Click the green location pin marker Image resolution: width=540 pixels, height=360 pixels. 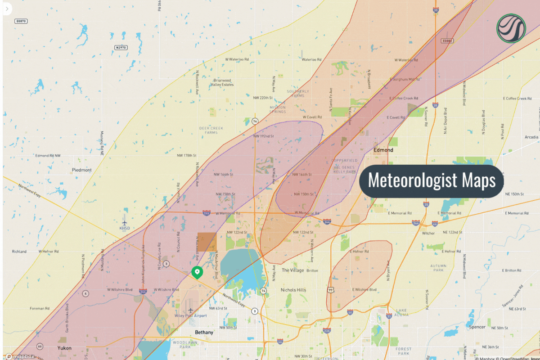(197, 272)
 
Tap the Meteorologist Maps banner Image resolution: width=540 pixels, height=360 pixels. (432, 180)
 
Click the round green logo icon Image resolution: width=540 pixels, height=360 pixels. (511, 27)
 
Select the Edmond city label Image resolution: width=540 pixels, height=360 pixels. (383, 150)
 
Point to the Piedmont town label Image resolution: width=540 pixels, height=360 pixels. (81, 170)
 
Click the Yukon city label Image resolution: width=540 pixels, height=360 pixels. (64, 348)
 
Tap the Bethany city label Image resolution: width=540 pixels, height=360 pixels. (204, 332)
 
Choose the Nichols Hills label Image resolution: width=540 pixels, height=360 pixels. (293, 290)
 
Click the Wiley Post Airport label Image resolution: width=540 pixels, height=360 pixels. (191, 315)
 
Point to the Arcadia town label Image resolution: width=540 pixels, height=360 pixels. (531, 137)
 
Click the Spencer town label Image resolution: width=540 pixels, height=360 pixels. (477, 327)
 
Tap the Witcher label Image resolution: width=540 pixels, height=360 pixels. (428, 233)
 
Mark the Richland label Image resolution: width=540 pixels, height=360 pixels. (19, 252)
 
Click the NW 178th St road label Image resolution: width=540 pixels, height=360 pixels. (187, 156)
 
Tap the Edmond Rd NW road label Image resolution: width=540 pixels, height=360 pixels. (48, 156)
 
